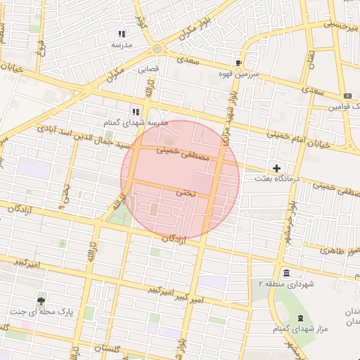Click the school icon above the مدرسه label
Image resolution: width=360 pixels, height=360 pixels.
[x=122, y=33]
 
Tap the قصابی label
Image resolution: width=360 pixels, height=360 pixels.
[x=148, y=70]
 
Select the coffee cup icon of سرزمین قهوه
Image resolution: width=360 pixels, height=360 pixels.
[x=239, y=63]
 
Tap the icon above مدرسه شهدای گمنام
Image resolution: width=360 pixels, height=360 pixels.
[x=136, y=111]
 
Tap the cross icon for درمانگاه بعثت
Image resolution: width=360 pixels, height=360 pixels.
[x=277, y=168]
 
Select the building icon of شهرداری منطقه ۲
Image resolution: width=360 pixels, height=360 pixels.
[x=285, y=273]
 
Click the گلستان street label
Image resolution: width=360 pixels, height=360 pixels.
[x=108, y=349]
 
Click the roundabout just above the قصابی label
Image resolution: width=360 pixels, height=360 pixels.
[x=156, y=49]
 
